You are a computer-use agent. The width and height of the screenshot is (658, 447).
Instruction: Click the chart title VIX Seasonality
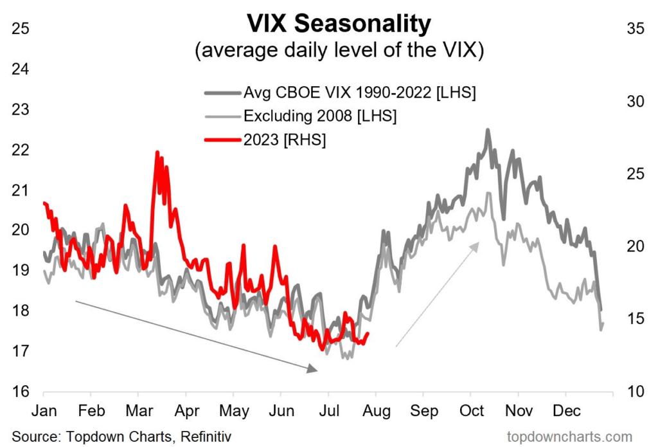point(339,24)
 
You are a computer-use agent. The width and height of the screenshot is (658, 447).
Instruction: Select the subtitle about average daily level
point(339,51)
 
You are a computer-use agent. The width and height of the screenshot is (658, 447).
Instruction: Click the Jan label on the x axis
point(44,411)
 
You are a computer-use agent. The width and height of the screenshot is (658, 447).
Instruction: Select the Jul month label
point(328,411)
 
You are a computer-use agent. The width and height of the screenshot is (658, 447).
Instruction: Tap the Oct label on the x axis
point(471,411)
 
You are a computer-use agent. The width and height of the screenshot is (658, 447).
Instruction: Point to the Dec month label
point(565,411)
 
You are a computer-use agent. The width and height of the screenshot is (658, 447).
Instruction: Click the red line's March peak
point(157,152)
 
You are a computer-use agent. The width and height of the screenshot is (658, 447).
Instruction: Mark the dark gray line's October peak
point(488,130)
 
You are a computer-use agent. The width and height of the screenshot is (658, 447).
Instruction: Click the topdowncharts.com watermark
point(569,437)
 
